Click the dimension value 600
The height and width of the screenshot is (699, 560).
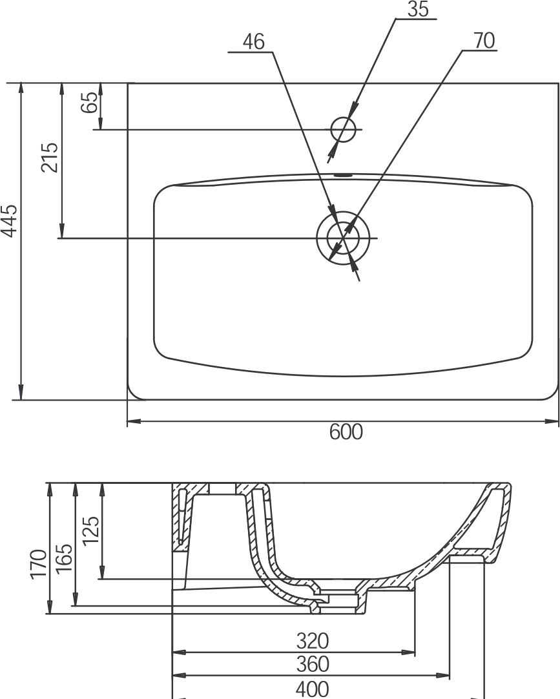click(346, 432)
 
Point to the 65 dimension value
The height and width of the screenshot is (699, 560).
click(90, 103)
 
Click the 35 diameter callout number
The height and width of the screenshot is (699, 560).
click(419, 10)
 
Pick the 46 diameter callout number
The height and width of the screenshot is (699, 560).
click(253, 42)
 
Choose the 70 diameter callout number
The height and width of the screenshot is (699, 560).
click(484, 41)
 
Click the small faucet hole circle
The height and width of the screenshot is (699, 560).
click(343, 129)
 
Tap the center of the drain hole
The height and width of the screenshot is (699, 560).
click(342, 238)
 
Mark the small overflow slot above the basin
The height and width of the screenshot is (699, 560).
click(343, 174)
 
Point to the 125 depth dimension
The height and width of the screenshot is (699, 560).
click(91, 530)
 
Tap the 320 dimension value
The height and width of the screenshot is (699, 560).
click(312, 641)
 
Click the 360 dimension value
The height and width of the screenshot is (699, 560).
click(312, 664)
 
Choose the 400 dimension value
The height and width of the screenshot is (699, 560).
click(312, 688)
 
